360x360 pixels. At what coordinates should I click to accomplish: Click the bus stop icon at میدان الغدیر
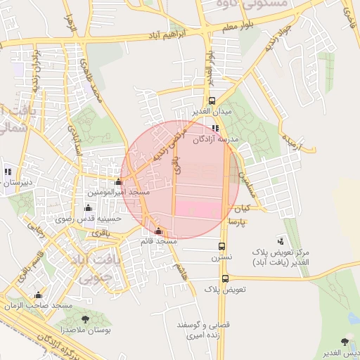click(x=212, y=101)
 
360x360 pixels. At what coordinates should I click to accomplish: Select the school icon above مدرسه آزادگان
click(x=215, y=129)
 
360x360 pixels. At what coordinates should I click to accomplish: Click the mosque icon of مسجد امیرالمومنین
click(x=118, y=182)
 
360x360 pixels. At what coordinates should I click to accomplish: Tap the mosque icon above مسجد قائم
click(x=157, y=231)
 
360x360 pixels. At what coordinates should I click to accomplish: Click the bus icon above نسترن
click(x=222, y=247)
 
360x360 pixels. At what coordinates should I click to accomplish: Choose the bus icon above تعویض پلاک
click(x=225, y=278)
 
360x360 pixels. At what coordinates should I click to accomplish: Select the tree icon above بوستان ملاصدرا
click(x=86, y=319)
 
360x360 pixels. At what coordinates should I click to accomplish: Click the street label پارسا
click(x=236, y=221)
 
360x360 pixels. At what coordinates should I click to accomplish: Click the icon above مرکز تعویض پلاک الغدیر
click(x=282, y=241)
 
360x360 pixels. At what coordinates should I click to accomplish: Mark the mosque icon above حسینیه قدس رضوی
click(x=88, y=207)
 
